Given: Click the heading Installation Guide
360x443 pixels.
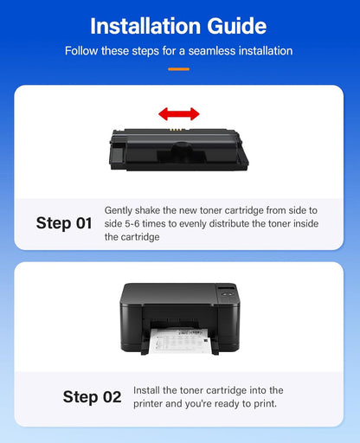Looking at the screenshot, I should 179,25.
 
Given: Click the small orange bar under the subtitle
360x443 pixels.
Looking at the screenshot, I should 179,67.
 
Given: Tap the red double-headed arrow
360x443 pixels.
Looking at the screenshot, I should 178,113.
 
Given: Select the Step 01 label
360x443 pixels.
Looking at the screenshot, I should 64,223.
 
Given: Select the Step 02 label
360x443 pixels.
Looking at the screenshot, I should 92,397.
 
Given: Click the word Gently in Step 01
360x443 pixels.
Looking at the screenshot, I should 119,210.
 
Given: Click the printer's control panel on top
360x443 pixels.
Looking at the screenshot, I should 226,292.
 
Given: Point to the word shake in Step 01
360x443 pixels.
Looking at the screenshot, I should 152,210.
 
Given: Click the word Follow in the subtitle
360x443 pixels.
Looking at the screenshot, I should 83,51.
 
